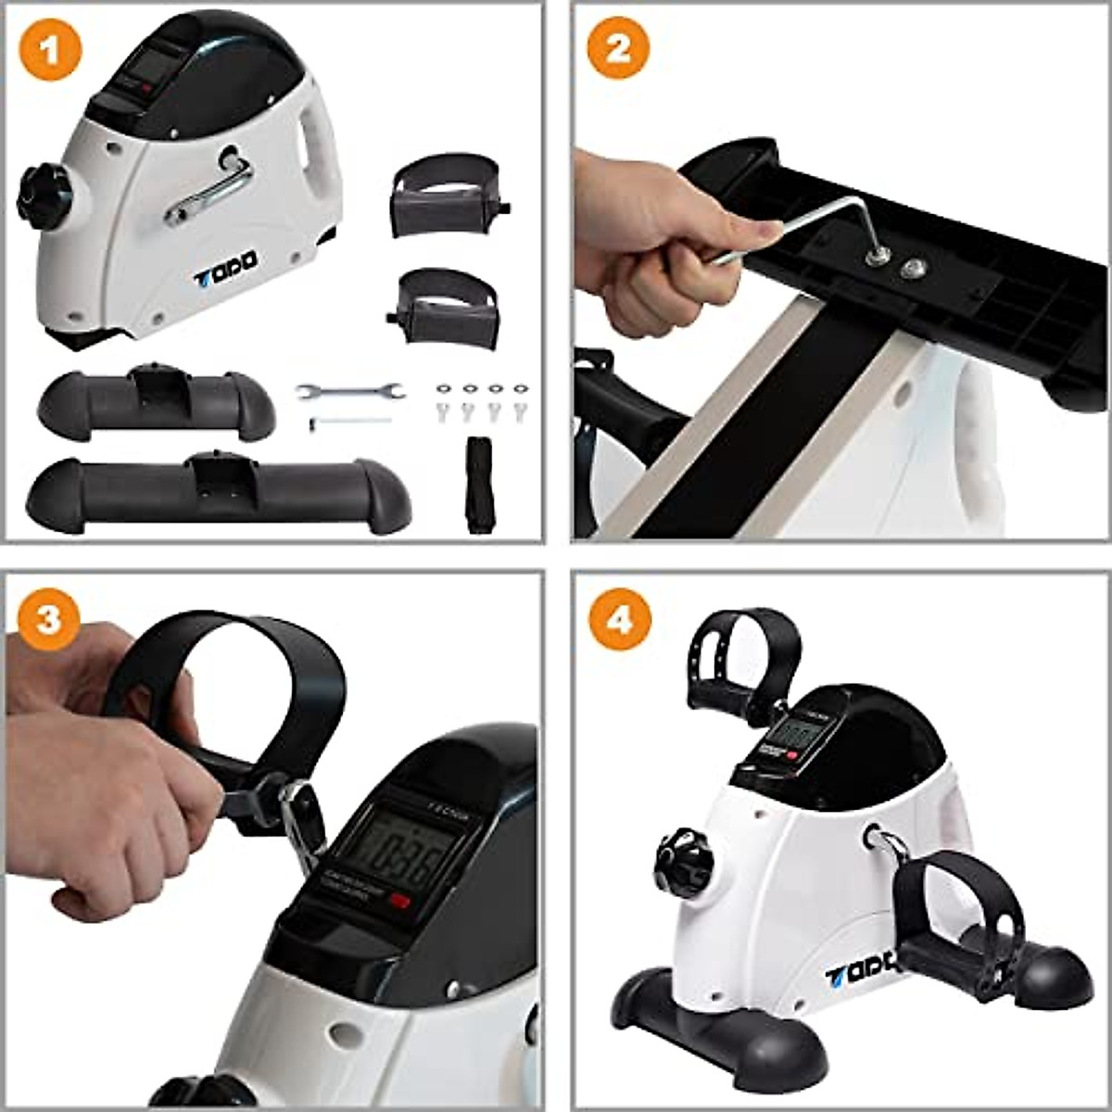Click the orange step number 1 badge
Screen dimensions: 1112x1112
click(49, 49)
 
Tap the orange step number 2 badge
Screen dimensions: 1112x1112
click(617, 49)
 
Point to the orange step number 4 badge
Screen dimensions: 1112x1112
click(619, 618)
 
